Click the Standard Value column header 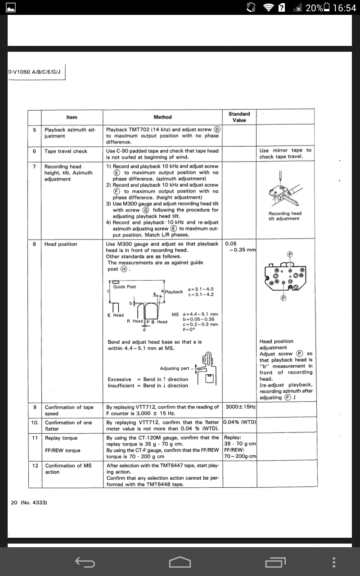pos(239,117)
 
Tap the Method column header pos(162,117)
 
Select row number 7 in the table pos(34,166)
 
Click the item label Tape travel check pos(66,151)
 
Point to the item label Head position pos(61,244)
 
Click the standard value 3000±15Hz pos(240,407)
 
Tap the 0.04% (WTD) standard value pos(240,423)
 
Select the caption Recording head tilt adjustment pos(285,216)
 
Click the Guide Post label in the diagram pos(125,287)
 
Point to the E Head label pos(116,315)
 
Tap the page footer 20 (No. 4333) pos(29,502)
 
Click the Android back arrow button pos(85,562)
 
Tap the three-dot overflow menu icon pos(333,562)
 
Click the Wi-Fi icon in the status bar pos(269,8)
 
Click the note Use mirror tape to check pos(285,153)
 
